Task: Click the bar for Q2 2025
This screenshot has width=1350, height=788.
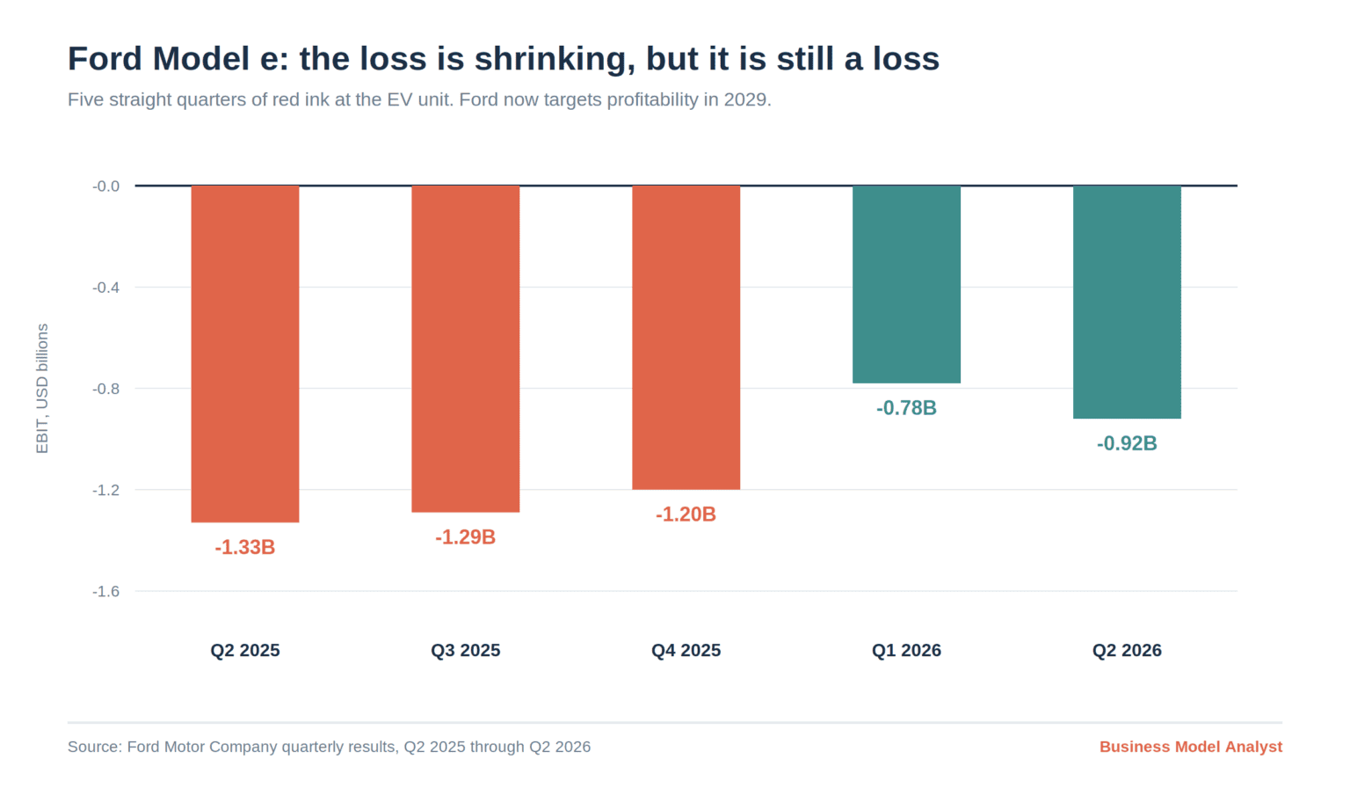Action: (245, 354)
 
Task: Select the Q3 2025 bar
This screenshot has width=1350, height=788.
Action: (466, 349)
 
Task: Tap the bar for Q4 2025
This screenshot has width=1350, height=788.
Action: (686, 338)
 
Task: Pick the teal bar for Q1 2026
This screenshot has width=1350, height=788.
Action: (906, 285)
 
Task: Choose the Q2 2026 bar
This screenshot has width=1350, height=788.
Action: (1127, 302)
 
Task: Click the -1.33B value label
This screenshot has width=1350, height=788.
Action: (244, 547)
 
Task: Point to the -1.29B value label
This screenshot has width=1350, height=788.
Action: (465, 537)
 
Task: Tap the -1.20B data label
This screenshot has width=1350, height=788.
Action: (686, 514)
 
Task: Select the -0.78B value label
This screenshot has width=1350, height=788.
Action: (906, 408)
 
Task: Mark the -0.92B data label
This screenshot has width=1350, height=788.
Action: (1127, 444)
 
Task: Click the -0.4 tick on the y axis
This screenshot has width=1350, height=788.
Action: (106, 288)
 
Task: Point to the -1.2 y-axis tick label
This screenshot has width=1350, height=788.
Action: (106, 490)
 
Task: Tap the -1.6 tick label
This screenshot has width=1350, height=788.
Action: (106, 592)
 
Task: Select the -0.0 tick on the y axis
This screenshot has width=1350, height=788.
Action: (106, 186)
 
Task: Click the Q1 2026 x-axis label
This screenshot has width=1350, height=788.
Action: (906, 651)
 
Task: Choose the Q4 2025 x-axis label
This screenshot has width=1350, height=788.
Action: (686, 651)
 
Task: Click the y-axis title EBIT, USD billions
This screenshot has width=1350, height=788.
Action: (42, 389)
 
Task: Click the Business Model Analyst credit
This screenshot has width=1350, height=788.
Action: (1191, 747)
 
